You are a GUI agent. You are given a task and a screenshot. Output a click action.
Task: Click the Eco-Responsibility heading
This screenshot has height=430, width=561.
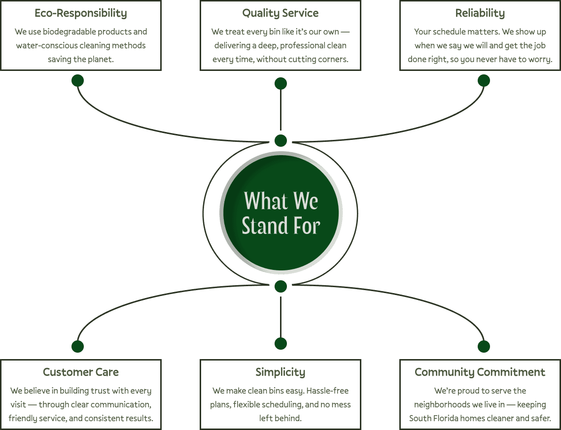tap(81, 13)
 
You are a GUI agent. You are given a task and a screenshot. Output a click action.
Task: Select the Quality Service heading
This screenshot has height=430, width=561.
tap(280, 13)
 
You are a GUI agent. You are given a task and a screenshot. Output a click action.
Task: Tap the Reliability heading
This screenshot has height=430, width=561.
tap(480, 13)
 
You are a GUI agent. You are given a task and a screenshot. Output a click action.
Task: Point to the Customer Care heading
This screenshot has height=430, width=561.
tap(81, 372)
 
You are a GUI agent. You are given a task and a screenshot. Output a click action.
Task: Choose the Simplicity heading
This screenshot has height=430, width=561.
tap(280, 372)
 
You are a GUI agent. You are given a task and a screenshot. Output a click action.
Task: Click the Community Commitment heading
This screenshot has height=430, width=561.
tap(480, 372)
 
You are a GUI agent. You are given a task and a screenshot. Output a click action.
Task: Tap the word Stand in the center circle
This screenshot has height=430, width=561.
tap(265, 226)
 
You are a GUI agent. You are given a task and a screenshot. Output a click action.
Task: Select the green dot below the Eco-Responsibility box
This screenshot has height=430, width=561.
tap(77, 80)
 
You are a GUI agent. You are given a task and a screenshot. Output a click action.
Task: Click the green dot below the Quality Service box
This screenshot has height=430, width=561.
tap(280, 83)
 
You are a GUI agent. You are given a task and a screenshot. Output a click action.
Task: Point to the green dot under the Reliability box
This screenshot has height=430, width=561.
tap(484, 80)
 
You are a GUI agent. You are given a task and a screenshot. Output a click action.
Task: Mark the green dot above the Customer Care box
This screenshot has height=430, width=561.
tap(77, 346)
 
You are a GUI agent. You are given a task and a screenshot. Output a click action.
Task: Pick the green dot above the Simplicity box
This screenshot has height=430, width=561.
tap(280, 343)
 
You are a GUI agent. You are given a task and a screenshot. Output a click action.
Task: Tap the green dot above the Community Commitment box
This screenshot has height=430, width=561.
tap(484, 346)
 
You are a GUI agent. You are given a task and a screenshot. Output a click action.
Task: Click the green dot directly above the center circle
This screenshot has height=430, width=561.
tap(280, 140)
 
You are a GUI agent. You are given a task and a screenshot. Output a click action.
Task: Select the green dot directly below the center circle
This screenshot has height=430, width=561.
tap(280, 286)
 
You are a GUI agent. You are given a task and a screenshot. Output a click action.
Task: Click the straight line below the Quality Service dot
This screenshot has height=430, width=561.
tap(280, 111)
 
